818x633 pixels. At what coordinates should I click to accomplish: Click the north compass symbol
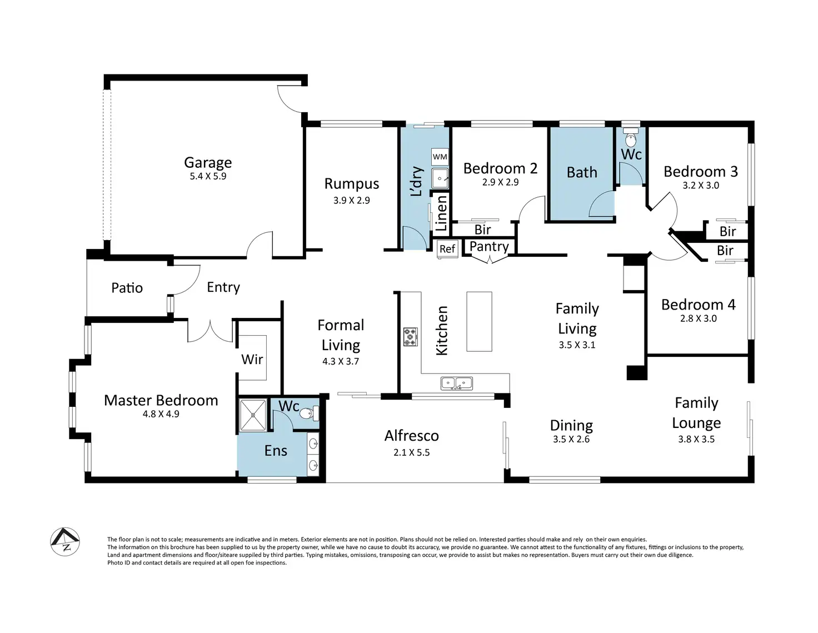65,541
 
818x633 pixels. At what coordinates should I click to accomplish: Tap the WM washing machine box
440,157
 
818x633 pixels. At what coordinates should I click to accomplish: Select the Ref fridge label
447,249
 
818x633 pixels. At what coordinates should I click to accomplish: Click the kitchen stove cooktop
410,336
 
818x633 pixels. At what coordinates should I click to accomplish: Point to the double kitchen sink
457,383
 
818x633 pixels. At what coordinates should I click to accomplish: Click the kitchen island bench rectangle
479,321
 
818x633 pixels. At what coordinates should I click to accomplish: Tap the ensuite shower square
253,415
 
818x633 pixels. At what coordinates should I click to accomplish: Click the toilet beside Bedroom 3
631,138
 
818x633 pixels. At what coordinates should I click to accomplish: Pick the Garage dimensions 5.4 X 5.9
208,176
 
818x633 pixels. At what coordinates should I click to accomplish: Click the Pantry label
489,247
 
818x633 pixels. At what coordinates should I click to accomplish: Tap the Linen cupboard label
441,213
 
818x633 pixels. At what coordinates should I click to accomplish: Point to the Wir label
252,360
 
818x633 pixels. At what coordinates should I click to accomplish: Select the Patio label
127,288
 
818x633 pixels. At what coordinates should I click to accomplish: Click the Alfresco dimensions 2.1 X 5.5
411,452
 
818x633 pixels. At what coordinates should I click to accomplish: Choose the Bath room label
582,172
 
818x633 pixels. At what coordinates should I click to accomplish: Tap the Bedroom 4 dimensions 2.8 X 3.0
699,318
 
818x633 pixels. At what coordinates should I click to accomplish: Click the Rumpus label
352,184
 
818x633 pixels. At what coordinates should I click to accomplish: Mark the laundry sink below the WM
440,178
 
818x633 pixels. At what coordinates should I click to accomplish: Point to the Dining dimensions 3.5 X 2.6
571,439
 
